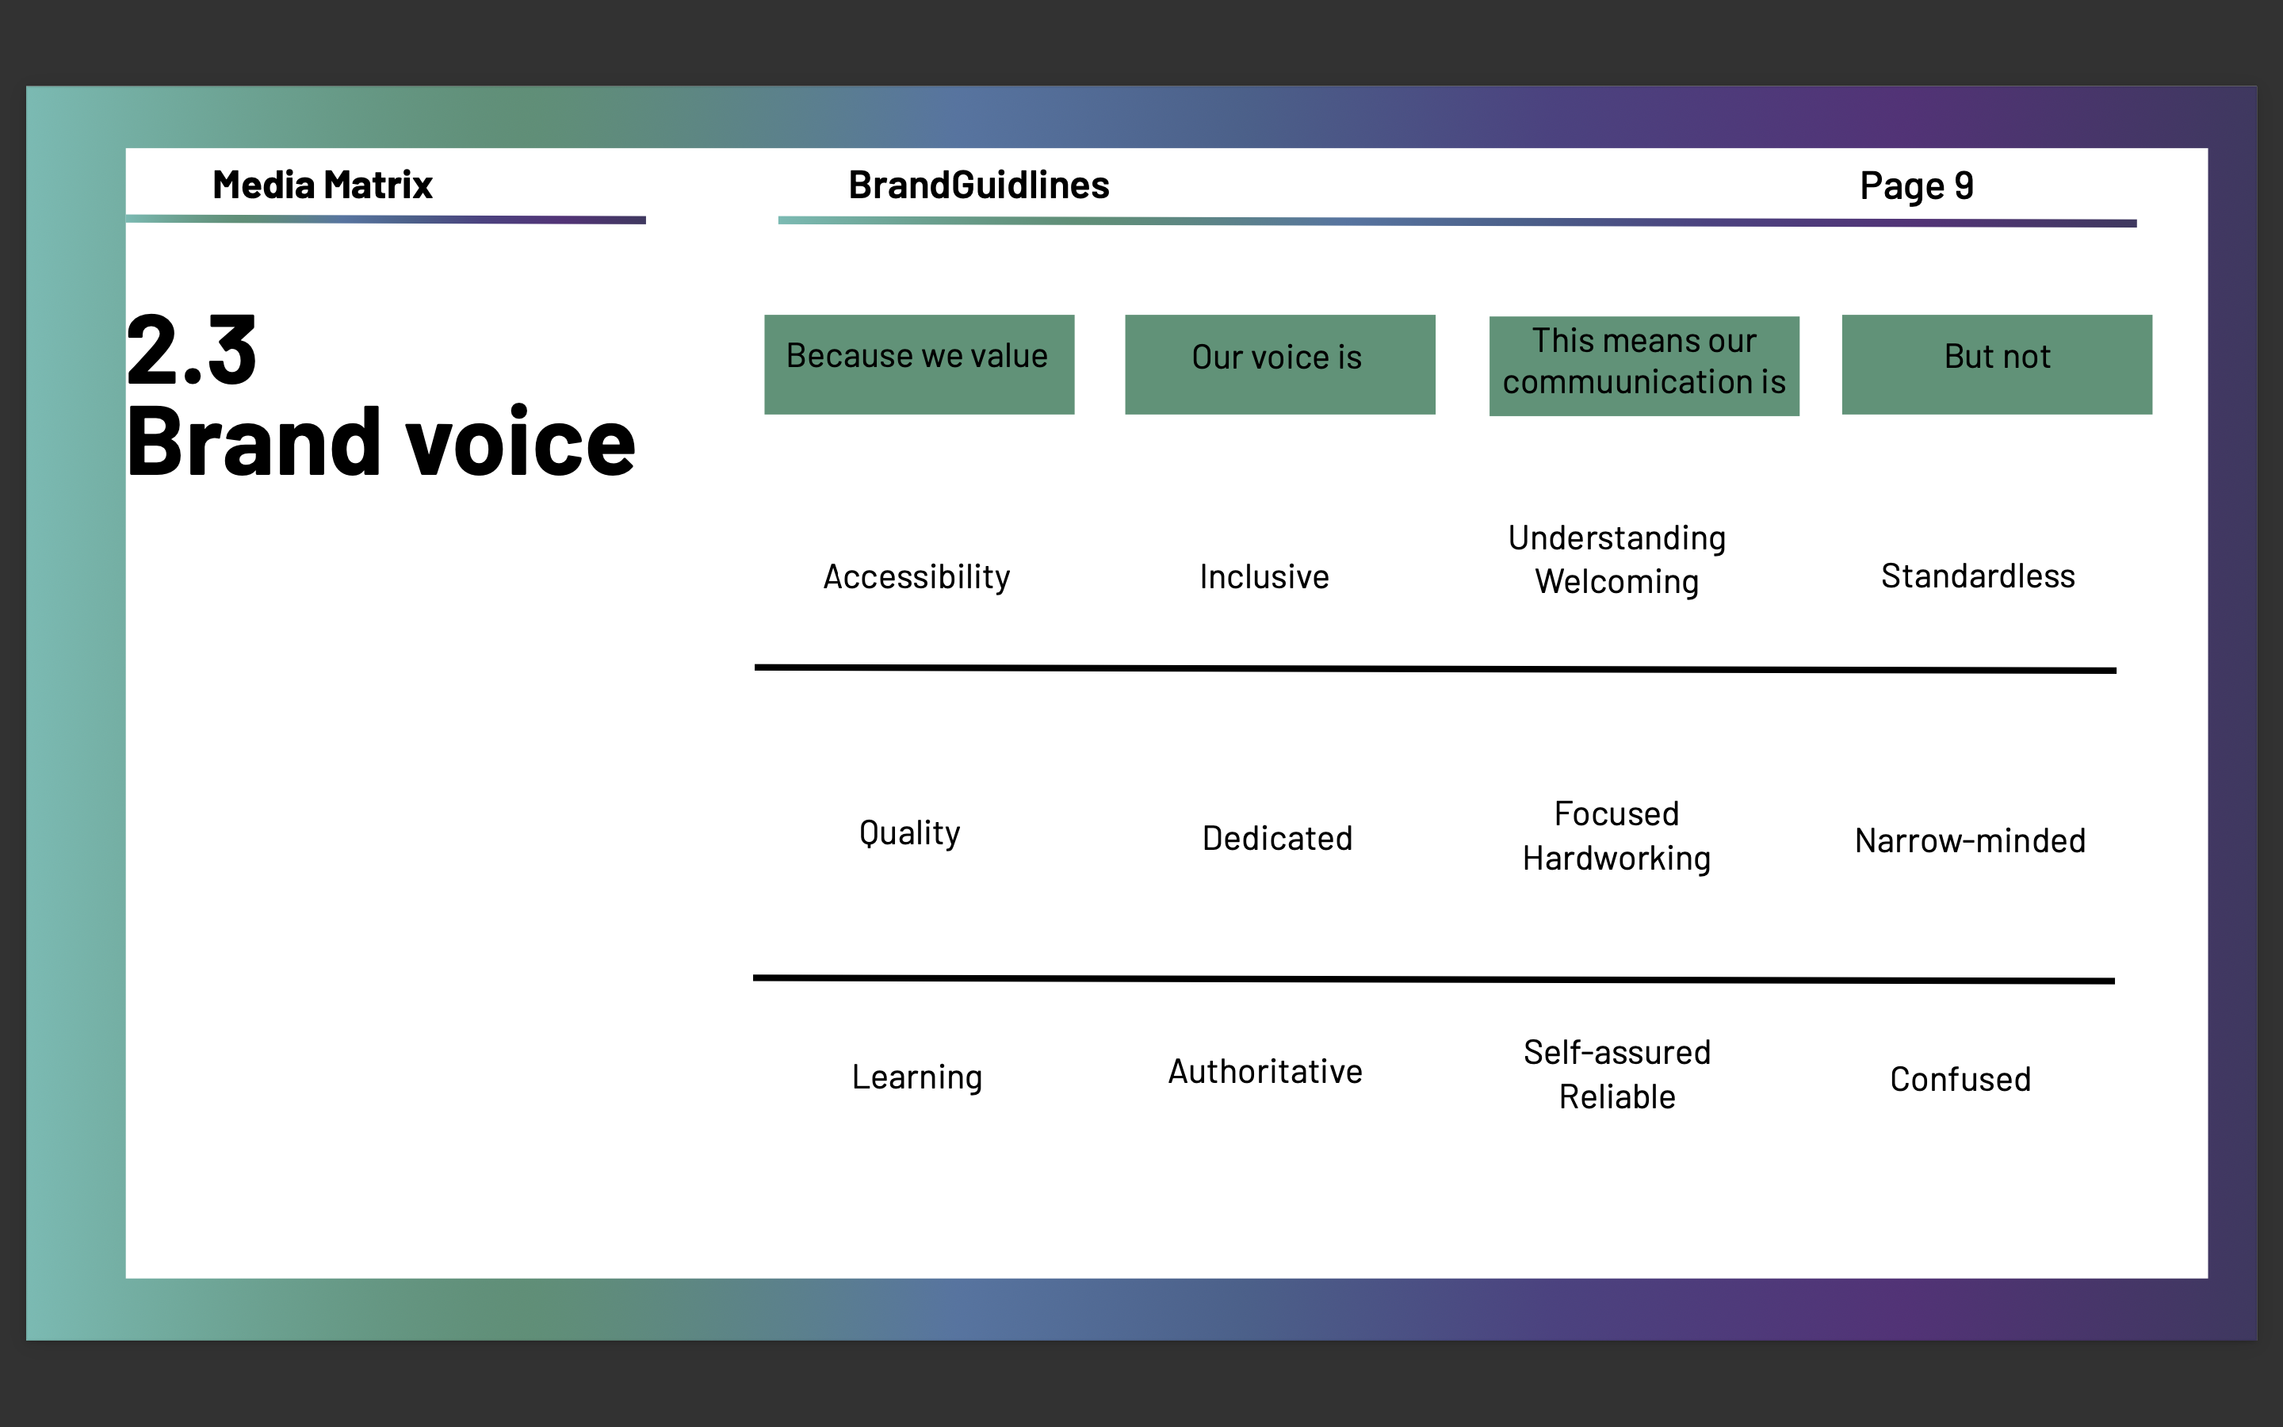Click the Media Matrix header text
tap(322, 185)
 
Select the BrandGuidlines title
tap(978, 185)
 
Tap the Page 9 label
tap(1916, 186)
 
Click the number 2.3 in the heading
tap(192, 351)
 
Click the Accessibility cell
tap(916, 576)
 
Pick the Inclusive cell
tap(1264, 576)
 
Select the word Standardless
tap(1977, 576)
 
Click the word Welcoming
tap(1616, 581)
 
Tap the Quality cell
tap(909, 833)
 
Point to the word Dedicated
tap(1277, 838)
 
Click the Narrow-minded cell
tap(1970, 841)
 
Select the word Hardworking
tap(1616, 858)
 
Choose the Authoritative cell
tap(1265, 1071)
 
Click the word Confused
tap(1960, 1079)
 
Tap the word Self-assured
tap(1616, 1052)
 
